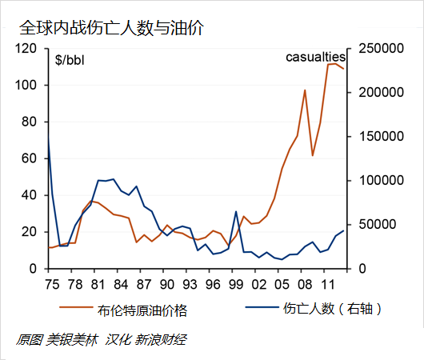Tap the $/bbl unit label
73,59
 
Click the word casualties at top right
315,58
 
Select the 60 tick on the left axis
31,158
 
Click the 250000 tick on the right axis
376,49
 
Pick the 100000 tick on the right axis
376,181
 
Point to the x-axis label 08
305,284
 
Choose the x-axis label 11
328,284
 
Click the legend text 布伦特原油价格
149,310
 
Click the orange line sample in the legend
76,308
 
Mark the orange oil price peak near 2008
305,90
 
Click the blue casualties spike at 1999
236,211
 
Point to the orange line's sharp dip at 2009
313,155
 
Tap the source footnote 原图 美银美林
56,339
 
